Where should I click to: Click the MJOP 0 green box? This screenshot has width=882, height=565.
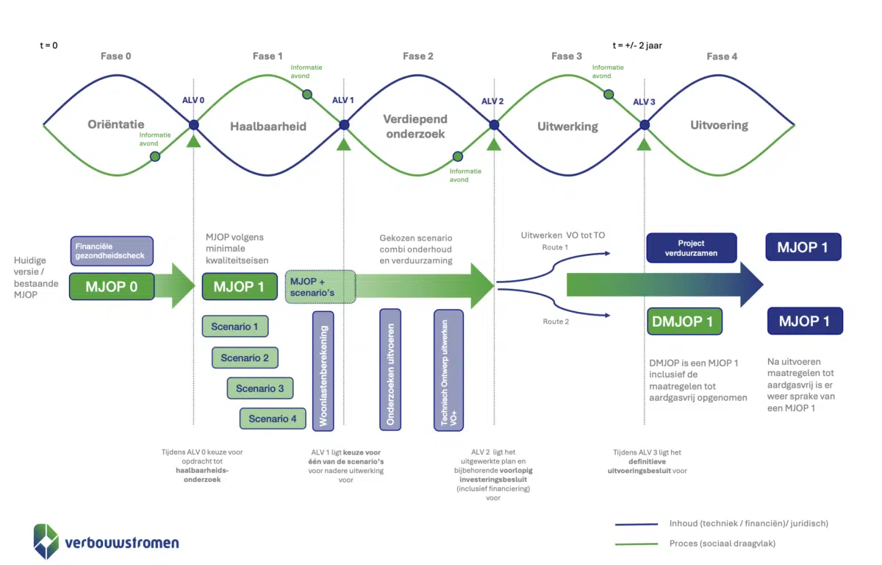[111, 286]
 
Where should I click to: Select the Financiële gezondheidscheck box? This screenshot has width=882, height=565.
[112, 251]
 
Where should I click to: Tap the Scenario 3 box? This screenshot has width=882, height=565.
[260, 388]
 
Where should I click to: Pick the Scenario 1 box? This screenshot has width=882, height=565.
[234, 327]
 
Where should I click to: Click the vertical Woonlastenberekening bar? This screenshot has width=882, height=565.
[323, 370]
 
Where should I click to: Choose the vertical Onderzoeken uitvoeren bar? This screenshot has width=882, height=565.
[390, 369]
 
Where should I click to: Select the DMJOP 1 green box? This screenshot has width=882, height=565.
[684, 321]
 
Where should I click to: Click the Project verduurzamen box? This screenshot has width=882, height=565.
[691, 248]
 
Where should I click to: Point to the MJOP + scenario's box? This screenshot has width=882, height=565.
[320, 286]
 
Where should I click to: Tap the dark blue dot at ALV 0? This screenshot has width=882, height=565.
[194, 125]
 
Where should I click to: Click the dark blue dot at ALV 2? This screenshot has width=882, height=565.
[494, 125]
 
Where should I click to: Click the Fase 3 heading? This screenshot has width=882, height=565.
[566, 56]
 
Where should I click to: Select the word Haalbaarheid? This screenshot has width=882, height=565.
[268, 127]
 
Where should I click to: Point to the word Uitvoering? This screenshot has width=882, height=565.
[719, 125]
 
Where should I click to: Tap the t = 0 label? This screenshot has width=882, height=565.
[49, 45]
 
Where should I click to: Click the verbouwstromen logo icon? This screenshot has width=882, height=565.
[46, 541]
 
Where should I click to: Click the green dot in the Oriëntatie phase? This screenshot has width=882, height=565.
[156, 157]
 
